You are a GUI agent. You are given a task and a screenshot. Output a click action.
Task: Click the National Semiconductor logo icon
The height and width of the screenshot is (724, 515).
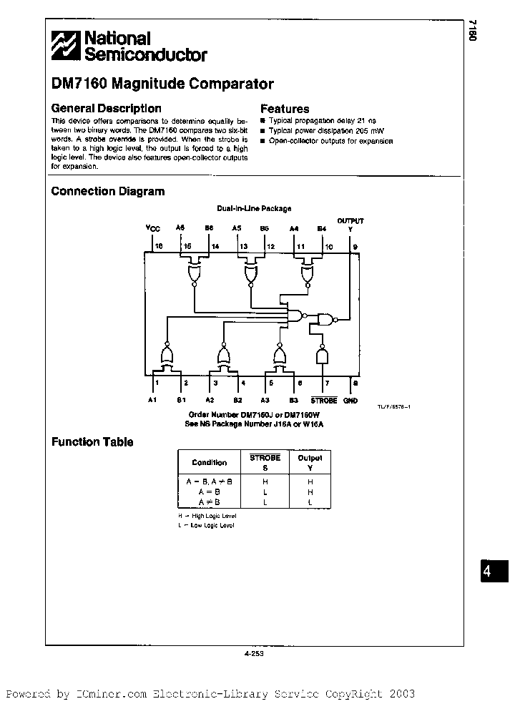(66, 46)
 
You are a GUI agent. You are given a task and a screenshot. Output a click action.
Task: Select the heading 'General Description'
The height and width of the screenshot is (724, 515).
(106, 109)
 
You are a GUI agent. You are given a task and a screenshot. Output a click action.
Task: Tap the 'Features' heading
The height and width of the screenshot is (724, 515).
(284, 109)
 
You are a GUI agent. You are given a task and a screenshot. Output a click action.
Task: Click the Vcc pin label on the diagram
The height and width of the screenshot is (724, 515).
(154, 228)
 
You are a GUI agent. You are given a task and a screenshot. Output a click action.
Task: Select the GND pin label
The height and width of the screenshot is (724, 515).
(350, 401)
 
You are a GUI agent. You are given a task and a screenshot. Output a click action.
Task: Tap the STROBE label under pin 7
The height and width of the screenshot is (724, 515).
(323, 401)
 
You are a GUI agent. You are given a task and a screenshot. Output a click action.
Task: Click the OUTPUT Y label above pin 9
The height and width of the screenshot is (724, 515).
(350, 225)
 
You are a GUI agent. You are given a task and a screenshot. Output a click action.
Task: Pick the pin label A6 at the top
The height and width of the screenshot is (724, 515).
(180, 228)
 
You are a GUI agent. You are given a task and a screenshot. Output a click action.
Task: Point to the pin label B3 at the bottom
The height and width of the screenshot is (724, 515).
(293, 401)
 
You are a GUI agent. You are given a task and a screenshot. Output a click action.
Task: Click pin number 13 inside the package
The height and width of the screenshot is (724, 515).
(243, 245)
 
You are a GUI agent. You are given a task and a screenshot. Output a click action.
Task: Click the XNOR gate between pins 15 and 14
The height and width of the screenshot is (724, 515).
(195, 272)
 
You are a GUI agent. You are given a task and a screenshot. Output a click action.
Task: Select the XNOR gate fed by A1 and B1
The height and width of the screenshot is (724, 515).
(167, 355)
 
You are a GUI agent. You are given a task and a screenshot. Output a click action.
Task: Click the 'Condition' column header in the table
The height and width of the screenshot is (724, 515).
(209, 462)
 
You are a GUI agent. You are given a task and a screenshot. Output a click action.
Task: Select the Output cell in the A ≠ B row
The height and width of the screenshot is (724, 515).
(310, 502)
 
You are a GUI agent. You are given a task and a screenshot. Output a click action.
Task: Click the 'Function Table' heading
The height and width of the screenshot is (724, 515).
(92, 442)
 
